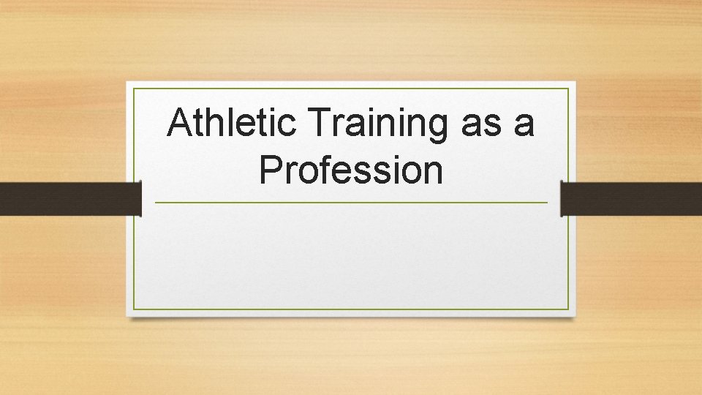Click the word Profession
pos(351,170)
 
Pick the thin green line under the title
pos(351,203)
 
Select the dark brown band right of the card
pos(631,198)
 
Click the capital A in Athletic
pos(181,123)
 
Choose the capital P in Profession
pos(271,170)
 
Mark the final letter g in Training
pos(437,127)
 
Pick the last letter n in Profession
pos(433,173)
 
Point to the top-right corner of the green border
pos(568,89)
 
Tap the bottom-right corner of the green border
pos(568,309)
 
